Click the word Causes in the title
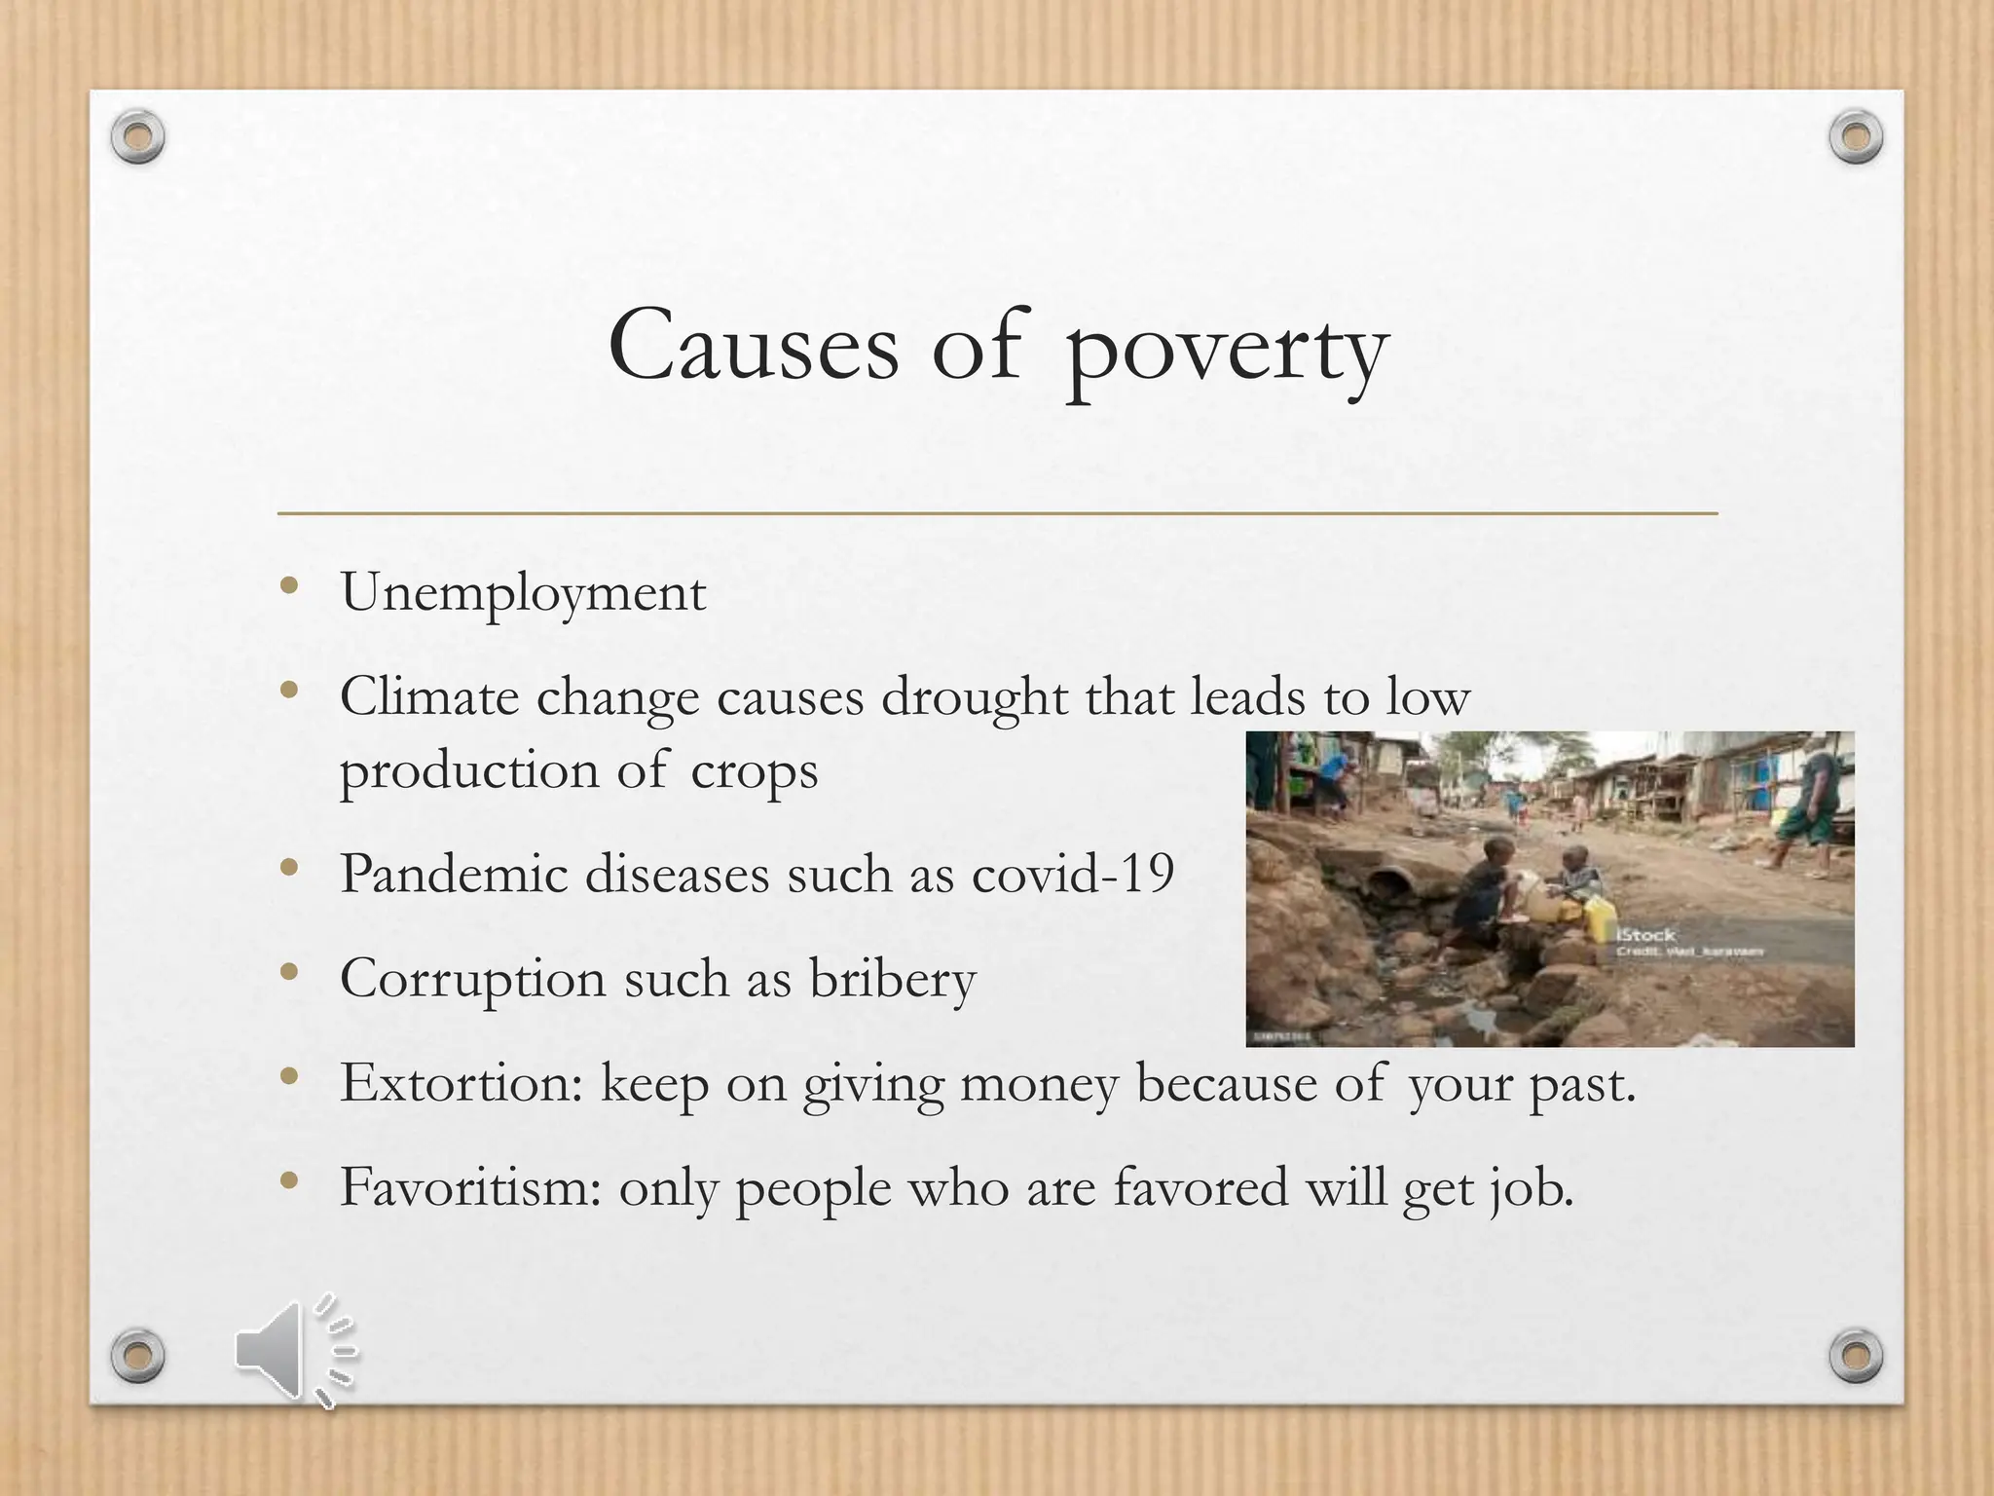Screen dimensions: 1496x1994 point(754,347)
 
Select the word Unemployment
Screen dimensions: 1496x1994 point(523,592)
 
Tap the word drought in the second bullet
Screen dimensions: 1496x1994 point(974,698)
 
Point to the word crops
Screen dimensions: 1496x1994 point(755,772)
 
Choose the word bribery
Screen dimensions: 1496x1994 point(892,979)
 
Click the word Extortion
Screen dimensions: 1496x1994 point(461,1082)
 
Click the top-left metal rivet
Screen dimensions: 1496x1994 point(137,137)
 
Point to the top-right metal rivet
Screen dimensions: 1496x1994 point(1856,137)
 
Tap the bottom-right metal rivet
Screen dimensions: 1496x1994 point(1856,1355)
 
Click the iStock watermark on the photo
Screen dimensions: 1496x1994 point(1645,935)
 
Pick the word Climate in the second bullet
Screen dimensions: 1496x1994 point(428,698)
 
